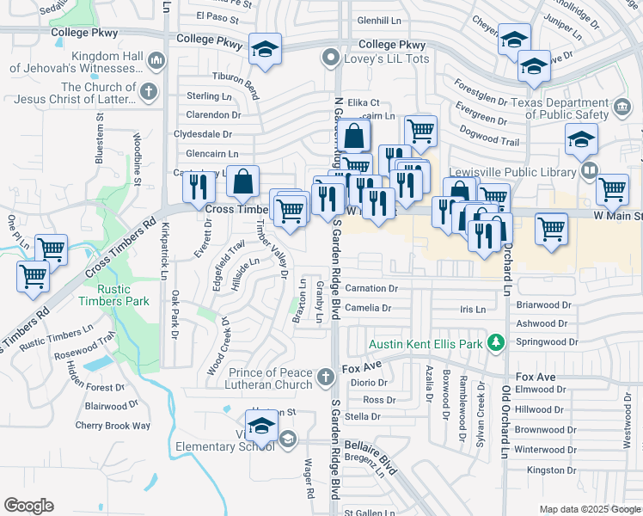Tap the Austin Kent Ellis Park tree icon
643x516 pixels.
coord(495,344)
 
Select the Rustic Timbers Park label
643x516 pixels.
coord(113,294)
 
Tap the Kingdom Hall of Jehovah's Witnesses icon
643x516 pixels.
coord(156,61)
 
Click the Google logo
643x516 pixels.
coord(28,506)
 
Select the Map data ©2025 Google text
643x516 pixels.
coord(590,509)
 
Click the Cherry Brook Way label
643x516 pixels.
coord(113,425)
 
